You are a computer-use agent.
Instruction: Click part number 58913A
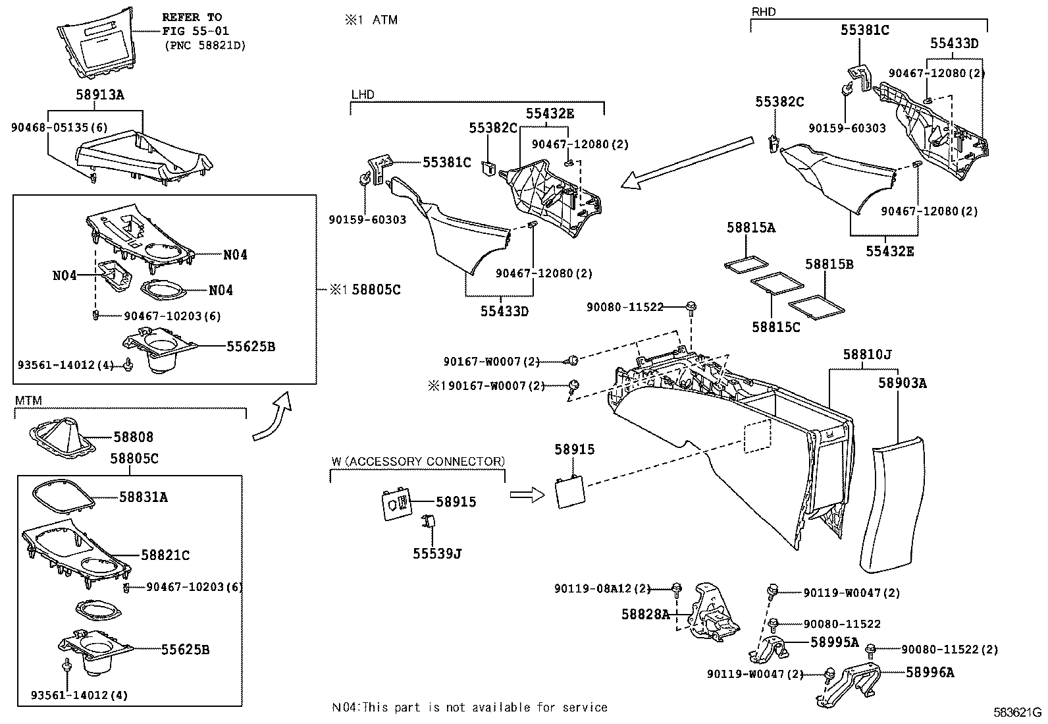tap(99, 95)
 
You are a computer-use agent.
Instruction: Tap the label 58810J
tap(867, 355)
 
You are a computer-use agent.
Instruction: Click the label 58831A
tap(144, 497)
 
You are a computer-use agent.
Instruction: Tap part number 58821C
tap(165, 556)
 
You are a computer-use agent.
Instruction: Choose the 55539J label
tap(437, 554)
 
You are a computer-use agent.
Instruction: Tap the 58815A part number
tap(751, 228)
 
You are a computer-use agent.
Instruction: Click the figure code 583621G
tap(1017, 712)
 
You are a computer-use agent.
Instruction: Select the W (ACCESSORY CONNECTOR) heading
tap(417, 461)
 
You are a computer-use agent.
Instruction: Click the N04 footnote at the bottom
tap(469, 708)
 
